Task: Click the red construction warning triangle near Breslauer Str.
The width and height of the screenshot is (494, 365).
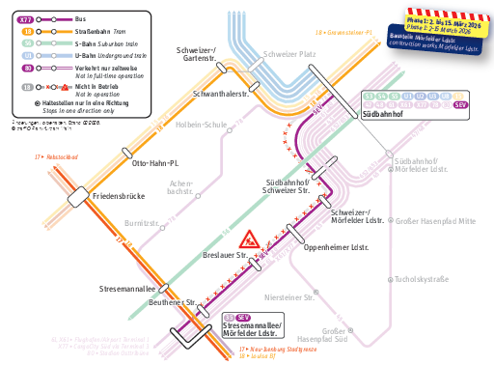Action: point(249,238)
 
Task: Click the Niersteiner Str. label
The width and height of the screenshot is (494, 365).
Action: point(289,297)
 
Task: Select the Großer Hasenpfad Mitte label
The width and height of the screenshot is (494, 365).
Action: point(436,221)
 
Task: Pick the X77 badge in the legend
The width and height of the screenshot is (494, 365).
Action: point(28,19)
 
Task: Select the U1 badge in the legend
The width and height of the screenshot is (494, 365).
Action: point(28,57)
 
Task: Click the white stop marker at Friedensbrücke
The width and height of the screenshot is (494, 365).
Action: point(78,197)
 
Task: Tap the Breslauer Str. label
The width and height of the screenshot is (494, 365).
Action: point(225,256)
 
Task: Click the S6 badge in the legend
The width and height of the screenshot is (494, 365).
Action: point(28,44)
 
